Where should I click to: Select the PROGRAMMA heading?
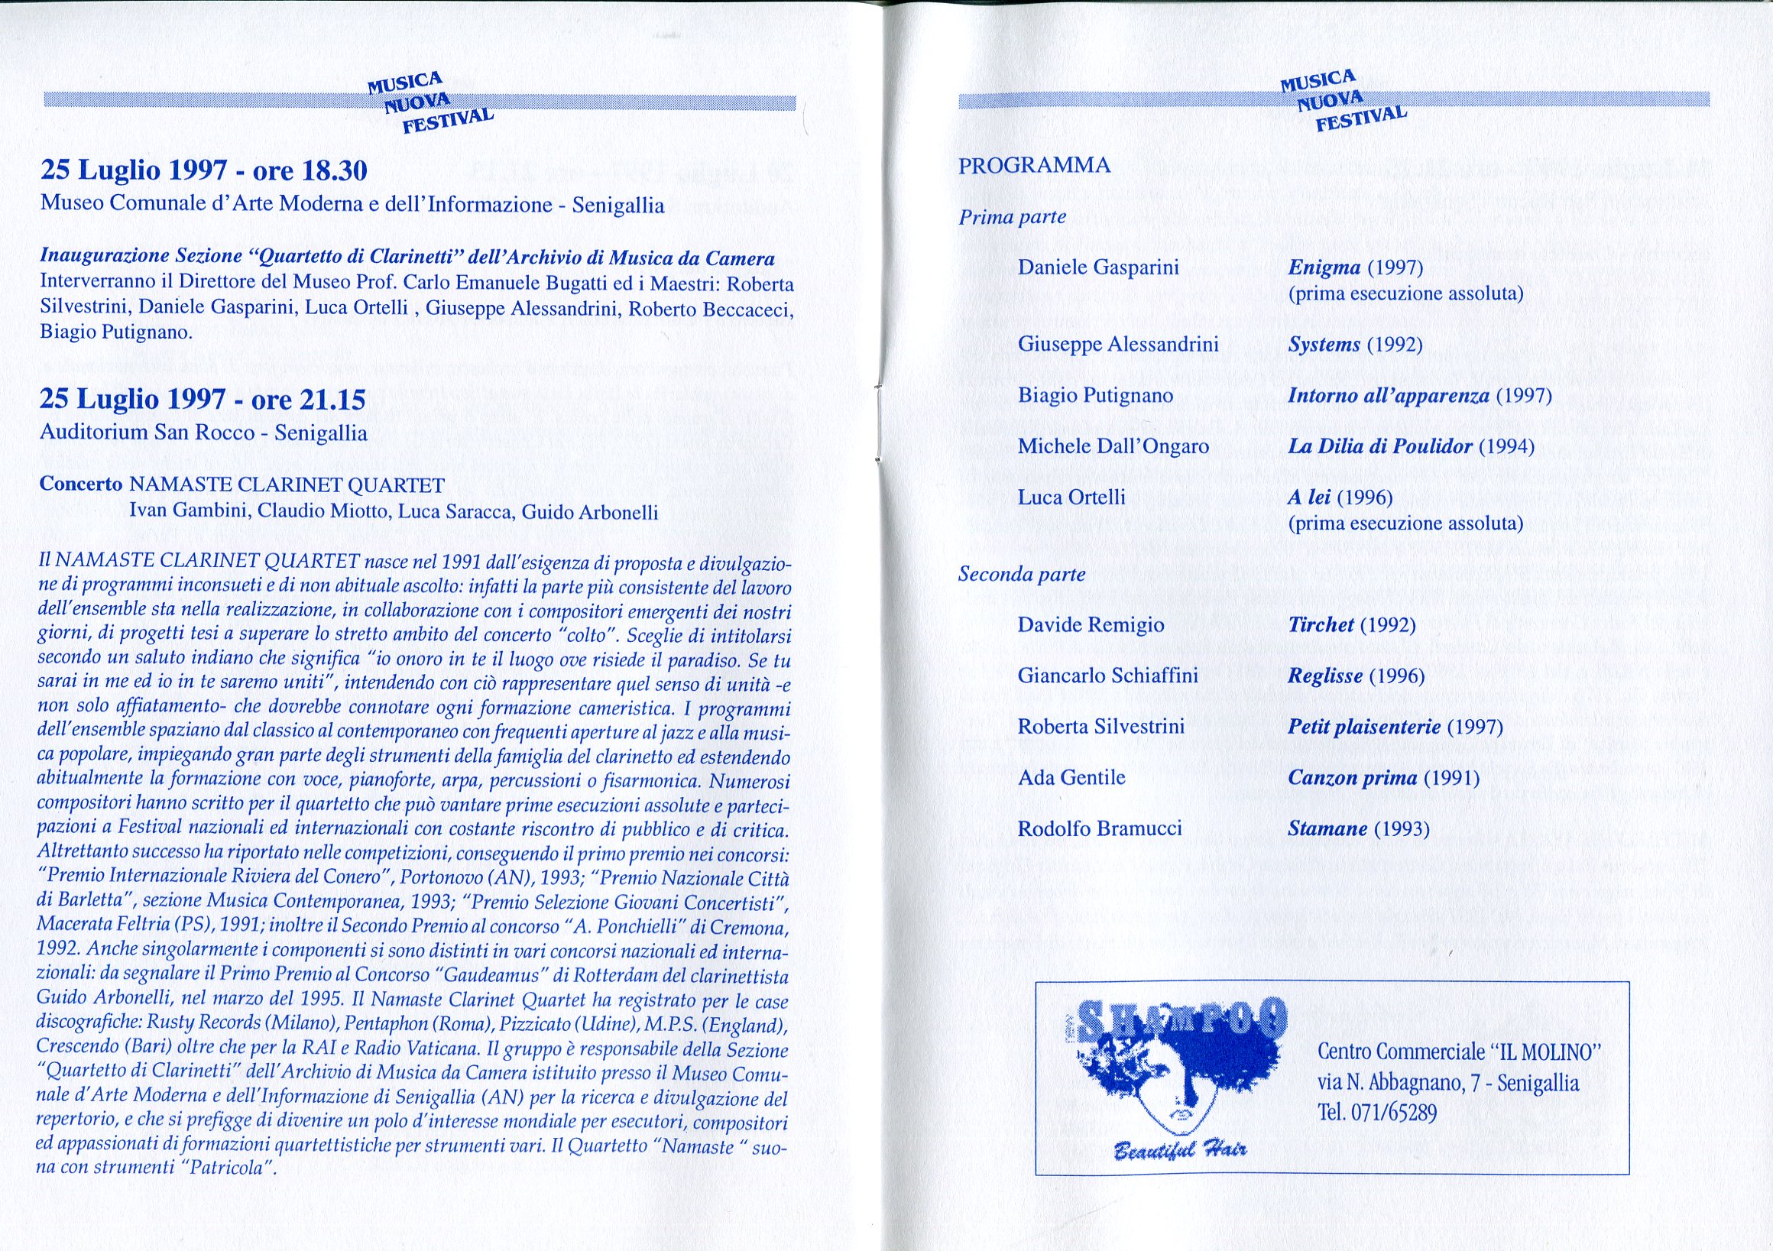click(x=1034, y=165)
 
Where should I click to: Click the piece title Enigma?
click(x=1324, y=268)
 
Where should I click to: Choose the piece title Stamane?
click(x=1327, y=829)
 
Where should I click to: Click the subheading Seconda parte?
click(x=1021, y=574)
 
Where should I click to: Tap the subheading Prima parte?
click(x=1012, y=217)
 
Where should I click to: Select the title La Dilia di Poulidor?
click(x=1380, y=446)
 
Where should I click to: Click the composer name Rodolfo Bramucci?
click(x=1100, y=829)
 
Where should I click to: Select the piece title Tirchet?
click(x=1321, y=624)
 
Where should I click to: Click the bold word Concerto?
click(x=81, y=485)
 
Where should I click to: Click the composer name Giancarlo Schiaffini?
click(x=1107, y=676)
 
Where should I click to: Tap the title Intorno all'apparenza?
click(x=1389, y=396)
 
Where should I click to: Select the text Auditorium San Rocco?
click(x=147, y=433)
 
